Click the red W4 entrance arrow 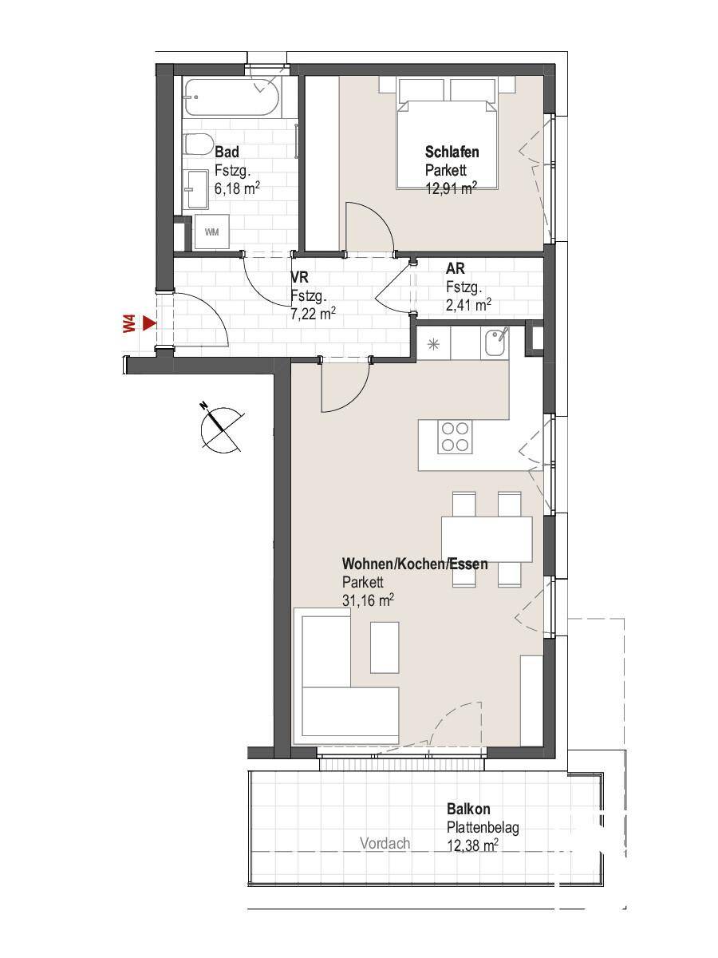[150, 324]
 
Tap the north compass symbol [221, 428]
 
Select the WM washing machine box [212, 232]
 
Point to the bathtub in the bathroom [231, 97]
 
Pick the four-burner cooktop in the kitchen [455, 437]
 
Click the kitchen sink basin [495, 344]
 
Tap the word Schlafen [452, 152]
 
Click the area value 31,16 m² [369, 600]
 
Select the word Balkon [468, 809]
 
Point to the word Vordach [385, 843]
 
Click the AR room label [455, 268]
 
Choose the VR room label [299, 277]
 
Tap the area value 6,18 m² [238, 188]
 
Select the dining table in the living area [487, 540]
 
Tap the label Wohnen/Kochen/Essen [415, 564]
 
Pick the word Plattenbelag [483, 828]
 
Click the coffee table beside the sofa [385, 647]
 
